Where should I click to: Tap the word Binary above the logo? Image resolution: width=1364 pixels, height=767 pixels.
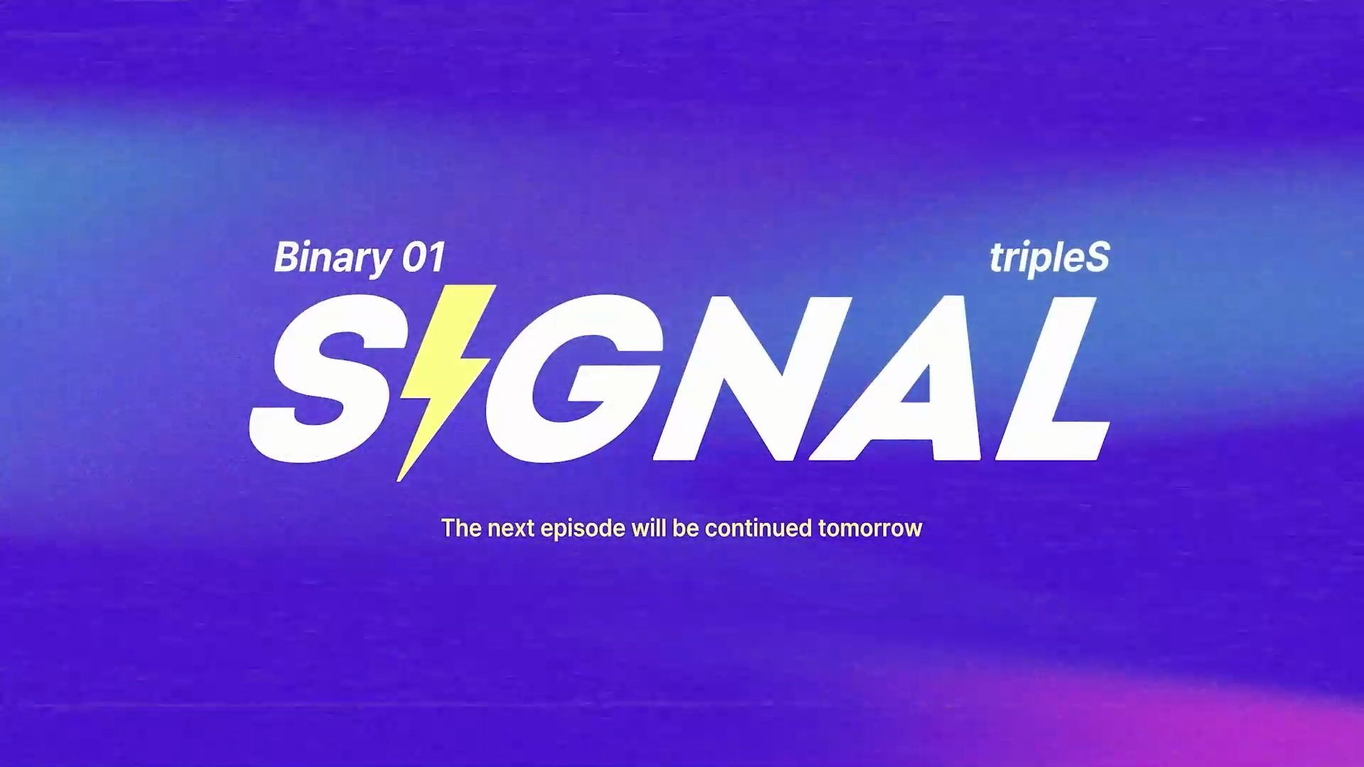point(332,259)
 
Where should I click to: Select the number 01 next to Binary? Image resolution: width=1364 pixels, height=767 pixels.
point(424,257)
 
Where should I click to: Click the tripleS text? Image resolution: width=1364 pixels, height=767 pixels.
point(1049,259)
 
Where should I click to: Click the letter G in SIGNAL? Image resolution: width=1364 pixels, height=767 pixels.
point(568,377)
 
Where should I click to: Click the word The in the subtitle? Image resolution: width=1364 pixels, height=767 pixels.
point(462,528)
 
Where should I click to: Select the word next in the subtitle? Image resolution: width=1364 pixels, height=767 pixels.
point(511,528)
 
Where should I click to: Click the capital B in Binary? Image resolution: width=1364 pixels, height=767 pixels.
point(286,257)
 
